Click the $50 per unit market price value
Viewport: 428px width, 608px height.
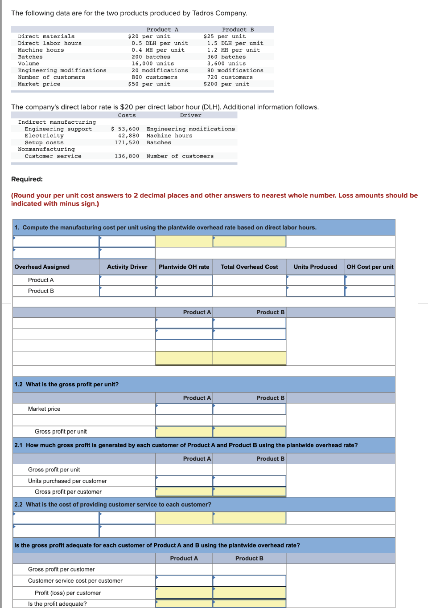pyautogui.click(x=149, y=84)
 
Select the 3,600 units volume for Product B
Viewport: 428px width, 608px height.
pyautogui.click(x=226, y=64)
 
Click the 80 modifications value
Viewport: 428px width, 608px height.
pyautogui.click(x=235, y=70)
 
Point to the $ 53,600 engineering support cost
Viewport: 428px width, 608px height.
pyautogui.click(x=125, y=129)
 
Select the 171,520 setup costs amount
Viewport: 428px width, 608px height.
pyautogui.click(x=127, y=143)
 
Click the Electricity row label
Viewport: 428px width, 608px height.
pyautogui.click(x=44, y=136)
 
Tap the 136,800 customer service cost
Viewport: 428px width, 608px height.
pyautogui.click(x=127, y=156)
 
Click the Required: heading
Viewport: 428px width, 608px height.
pyautogui.click(x=27, y=179)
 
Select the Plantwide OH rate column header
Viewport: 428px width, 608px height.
pyautogui.click(x=184, y=267)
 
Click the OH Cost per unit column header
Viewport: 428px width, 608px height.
pyautogui.click(x=370, y=267)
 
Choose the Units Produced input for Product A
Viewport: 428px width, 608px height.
pyautogui.click(x=315, y=280)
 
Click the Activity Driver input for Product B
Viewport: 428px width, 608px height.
pyautogui.click(x=127, y=291)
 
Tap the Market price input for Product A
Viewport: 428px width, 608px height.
pyautogui.click(x=184, y=409)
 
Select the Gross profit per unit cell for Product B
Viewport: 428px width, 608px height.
pyautogui.click(x=249, y=431)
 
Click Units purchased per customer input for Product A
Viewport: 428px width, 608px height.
pyautogui.click(x=184, y=481)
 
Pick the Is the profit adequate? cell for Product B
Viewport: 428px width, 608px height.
pyautogui.click(x=249, y=604)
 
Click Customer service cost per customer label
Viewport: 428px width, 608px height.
pyautogui.click(x=75, y=581)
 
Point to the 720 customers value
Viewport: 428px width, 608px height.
pyautogui.click(x=230, y=77)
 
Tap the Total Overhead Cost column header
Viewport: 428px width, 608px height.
pyautogui.click(x=249, y=267)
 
